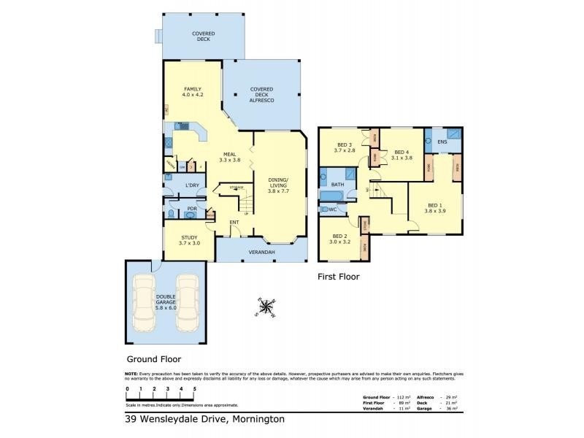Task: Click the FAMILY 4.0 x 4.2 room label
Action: coord(191,91)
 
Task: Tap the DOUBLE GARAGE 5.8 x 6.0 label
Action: coord(165,302)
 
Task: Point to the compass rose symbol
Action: coord(266,307)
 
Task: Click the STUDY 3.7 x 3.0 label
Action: coord(188,239)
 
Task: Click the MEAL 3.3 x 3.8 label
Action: coord(230,156)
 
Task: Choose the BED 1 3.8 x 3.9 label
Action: coord(435,208)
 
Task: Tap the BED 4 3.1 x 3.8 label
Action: coord(402,154)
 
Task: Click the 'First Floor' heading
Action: coord(338,277)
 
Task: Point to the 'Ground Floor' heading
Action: coord(154,359)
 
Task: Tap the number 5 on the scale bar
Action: coord(194,389)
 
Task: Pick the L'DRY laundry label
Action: coord(193,185)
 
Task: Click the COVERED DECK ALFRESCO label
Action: coord(262,96)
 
